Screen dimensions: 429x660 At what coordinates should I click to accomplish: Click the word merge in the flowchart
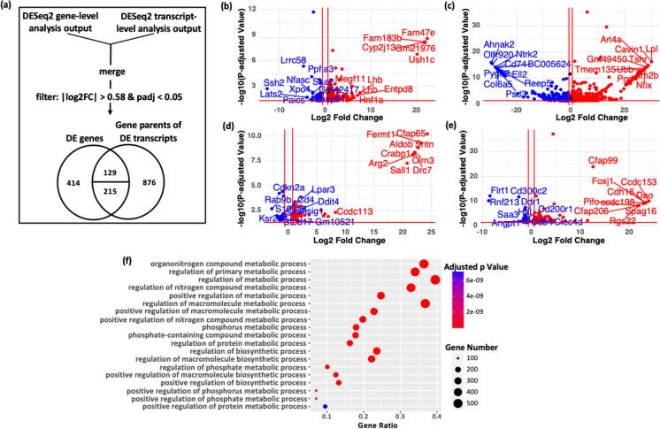[93, 73]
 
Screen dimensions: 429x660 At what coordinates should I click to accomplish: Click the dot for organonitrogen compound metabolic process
[424, 264]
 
